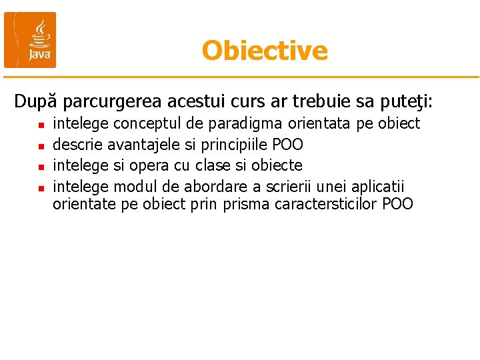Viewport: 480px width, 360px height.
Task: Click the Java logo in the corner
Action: [31, 40]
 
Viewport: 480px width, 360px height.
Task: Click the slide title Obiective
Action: [265, 51]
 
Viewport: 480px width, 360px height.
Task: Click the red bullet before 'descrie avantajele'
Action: [41, 145]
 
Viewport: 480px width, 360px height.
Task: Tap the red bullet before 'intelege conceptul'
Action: [41, 125]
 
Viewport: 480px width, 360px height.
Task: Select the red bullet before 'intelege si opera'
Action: [41, 166]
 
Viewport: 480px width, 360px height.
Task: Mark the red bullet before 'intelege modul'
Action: [41, 187]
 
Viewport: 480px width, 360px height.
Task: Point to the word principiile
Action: [233, 145]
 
